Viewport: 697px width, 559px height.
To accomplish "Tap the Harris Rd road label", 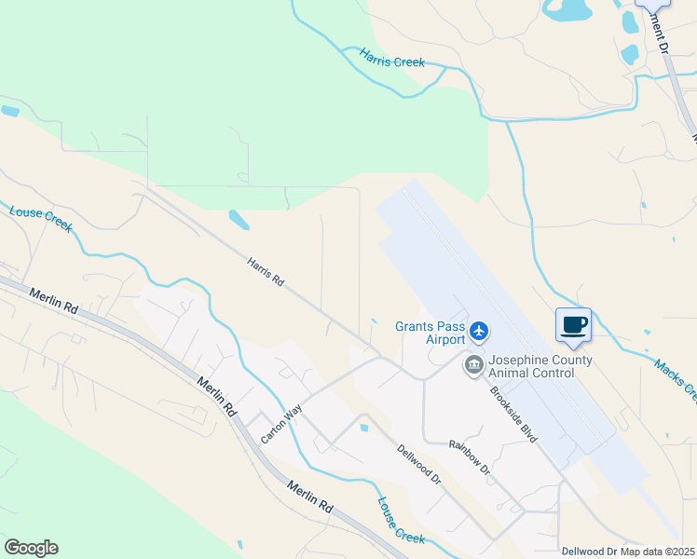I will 265,273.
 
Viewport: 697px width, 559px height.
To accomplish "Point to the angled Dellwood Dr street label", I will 418,463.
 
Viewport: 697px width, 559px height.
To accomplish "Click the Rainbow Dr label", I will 469,457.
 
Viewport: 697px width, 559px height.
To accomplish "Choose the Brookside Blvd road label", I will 514,416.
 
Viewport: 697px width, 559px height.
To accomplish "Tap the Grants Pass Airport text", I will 430,333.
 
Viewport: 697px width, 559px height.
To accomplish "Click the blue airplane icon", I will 479,330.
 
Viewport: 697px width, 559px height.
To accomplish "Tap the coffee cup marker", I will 573,326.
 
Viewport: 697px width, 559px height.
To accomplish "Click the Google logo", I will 31,548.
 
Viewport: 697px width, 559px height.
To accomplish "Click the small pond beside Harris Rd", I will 239,220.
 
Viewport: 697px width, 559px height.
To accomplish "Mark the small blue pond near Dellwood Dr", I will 363,428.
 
